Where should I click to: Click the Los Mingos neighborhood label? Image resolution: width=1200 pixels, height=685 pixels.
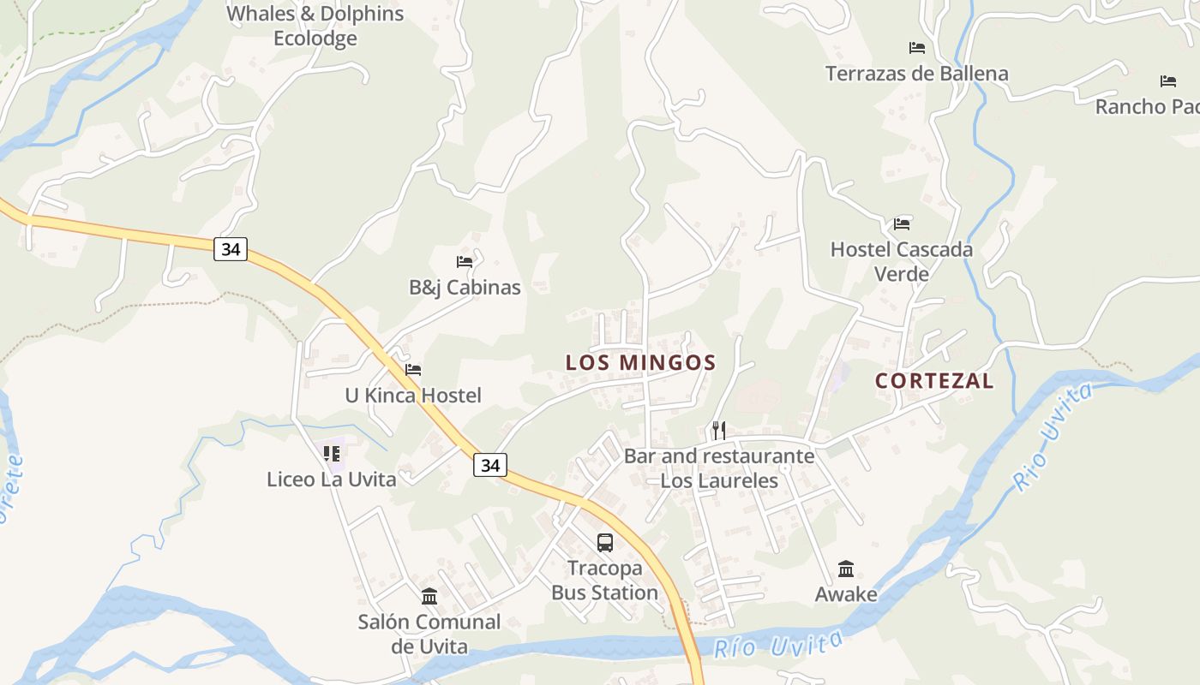640,362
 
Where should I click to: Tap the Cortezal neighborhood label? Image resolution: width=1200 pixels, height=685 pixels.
934,381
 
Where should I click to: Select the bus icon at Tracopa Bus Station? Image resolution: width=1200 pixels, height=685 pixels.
605,542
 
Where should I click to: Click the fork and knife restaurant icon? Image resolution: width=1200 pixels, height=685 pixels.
719,430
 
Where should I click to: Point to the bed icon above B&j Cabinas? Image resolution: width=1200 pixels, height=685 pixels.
465,261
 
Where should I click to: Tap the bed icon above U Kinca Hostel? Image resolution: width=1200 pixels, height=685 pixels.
413,370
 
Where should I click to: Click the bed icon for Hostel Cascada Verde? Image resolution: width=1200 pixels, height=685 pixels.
902,224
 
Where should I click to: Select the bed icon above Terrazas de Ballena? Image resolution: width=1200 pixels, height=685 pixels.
917,48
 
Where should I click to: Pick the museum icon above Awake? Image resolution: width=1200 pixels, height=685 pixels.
846,569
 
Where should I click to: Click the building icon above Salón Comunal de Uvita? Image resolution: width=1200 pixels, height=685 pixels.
429,596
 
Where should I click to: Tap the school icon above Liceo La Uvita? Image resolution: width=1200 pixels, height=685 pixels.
332,453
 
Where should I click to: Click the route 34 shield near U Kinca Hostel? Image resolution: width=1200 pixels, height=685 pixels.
489,465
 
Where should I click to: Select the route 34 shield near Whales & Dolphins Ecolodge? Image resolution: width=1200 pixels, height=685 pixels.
231,249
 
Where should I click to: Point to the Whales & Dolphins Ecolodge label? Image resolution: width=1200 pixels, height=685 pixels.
315,26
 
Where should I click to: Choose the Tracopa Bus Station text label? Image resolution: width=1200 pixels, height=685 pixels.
604,581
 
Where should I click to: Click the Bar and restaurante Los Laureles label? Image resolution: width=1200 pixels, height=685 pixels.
719,468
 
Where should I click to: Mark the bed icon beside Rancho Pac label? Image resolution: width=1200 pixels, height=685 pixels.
1168,81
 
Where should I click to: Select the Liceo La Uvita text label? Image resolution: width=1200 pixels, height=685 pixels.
332,479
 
